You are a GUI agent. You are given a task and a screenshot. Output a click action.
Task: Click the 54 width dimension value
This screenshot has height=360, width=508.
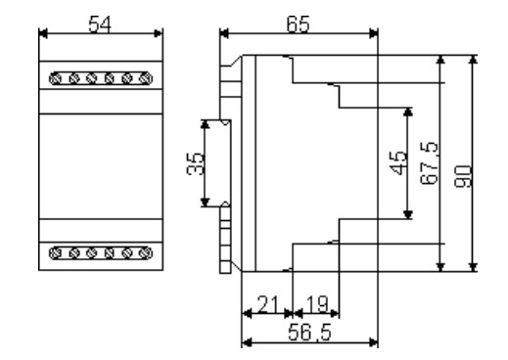tap(100, 24)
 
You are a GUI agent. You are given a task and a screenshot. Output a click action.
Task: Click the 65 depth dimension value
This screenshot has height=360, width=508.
tap(298, 24)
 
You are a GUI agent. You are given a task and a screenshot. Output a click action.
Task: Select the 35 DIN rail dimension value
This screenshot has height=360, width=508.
tap(195, 163)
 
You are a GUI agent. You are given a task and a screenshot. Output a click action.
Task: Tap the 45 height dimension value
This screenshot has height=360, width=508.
tap(398, 162)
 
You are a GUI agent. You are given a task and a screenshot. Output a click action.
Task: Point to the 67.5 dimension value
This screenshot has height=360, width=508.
tap(430, 162)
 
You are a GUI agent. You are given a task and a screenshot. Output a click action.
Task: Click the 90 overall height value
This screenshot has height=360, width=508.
tap(463, 176)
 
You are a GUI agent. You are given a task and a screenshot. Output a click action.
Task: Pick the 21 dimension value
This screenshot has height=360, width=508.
tap(268, 304)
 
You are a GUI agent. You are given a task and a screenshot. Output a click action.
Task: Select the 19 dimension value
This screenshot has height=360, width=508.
tap(317, 304)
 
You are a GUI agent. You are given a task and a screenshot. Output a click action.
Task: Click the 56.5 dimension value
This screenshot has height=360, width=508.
tap(309, 333)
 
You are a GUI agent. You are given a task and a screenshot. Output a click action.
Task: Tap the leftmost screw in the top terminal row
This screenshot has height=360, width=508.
tap(56, 79)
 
